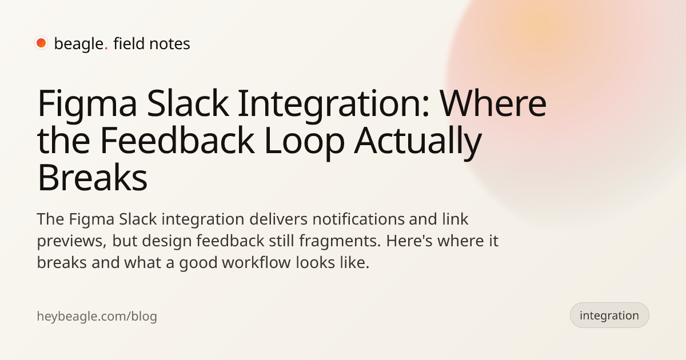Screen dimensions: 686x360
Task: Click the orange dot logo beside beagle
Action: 41,43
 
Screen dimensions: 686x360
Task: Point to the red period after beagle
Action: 106,49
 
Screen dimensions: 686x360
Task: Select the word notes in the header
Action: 170,44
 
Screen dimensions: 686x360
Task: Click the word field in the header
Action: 129,43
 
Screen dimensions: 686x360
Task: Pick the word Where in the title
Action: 493,103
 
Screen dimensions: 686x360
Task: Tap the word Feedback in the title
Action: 177,140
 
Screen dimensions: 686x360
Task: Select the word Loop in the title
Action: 304,143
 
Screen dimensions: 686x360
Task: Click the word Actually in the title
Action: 418,143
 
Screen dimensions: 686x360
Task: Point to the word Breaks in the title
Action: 92,177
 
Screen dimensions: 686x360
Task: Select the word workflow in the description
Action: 256,263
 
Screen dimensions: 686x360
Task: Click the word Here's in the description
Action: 409,241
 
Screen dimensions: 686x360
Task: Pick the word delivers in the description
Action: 278,219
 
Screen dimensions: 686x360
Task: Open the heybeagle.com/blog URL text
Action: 97,316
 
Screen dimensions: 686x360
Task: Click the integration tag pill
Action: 609,315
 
